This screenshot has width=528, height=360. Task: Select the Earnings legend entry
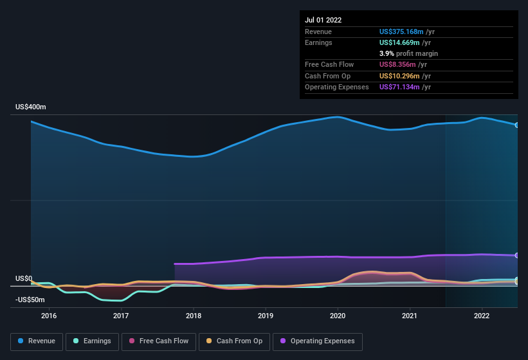click(x=93, y=341)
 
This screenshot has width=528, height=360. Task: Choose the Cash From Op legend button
click(x=235, y=341)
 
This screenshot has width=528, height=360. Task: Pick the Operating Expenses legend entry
click(x=318, y=341)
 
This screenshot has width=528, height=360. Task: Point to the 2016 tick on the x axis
click(x=49, y=316)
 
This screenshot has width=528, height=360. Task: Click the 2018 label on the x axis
click(x=194, y=316)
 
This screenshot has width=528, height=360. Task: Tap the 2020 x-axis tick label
click(x=338, y=316)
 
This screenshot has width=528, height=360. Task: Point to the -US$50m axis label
click(x=30, y=300)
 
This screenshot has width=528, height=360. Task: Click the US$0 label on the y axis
click(x=24, y=278)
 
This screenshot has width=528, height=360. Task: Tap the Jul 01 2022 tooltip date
click(x=323, y=20)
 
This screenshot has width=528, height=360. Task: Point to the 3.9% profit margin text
click(x=408, y=53)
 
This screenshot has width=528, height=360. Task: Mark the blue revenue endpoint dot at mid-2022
click(x=517, y=125)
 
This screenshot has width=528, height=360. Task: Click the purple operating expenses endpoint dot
click(x=517, y=256)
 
